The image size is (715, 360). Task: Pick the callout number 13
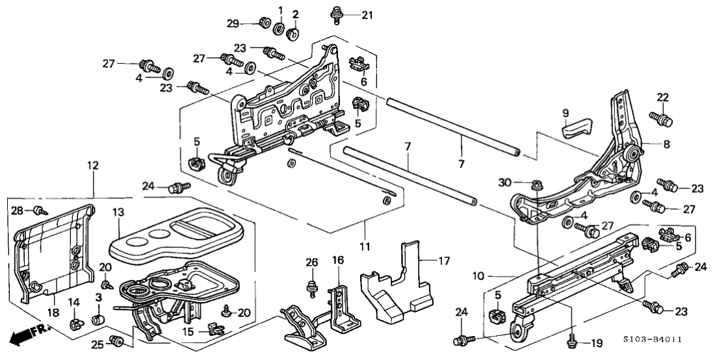(x=118, y=212)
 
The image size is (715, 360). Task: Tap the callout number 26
(x=313, y=263)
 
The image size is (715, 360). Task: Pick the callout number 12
(x=94, y=166)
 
